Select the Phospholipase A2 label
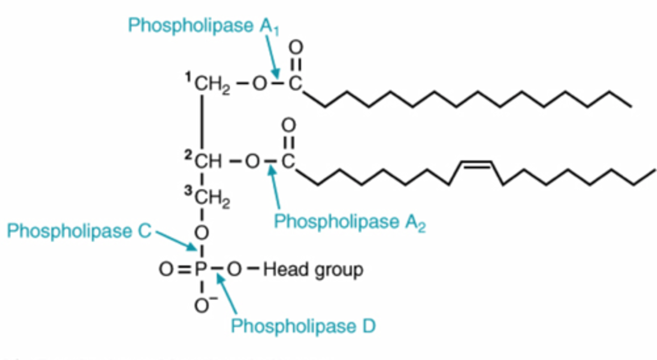pos(349,222)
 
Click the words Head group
pos(313,270)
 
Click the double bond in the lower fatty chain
pos(476,165)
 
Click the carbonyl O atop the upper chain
pos(296,47)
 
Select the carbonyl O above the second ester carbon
pos(288,125)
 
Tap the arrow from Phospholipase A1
pos(272,57)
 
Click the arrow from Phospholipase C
pos(176,240)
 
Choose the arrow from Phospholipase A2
pos(276,189)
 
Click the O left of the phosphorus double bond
pos(166,270)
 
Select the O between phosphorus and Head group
pos(234,270)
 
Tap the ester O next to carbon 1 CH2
pos(258,84)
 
